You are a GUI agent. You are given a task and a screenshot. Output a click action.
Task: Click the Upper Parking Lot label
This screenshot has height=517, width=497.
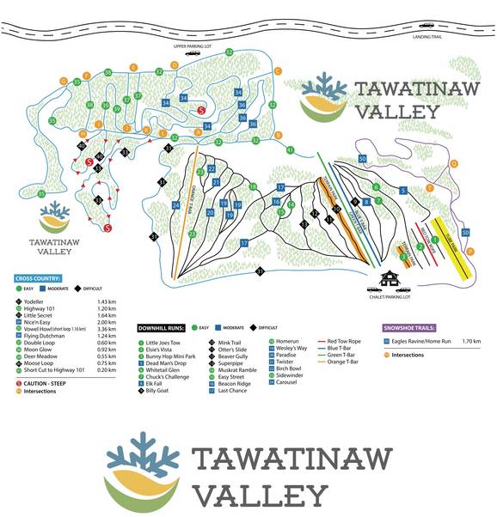pos(192,46)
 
